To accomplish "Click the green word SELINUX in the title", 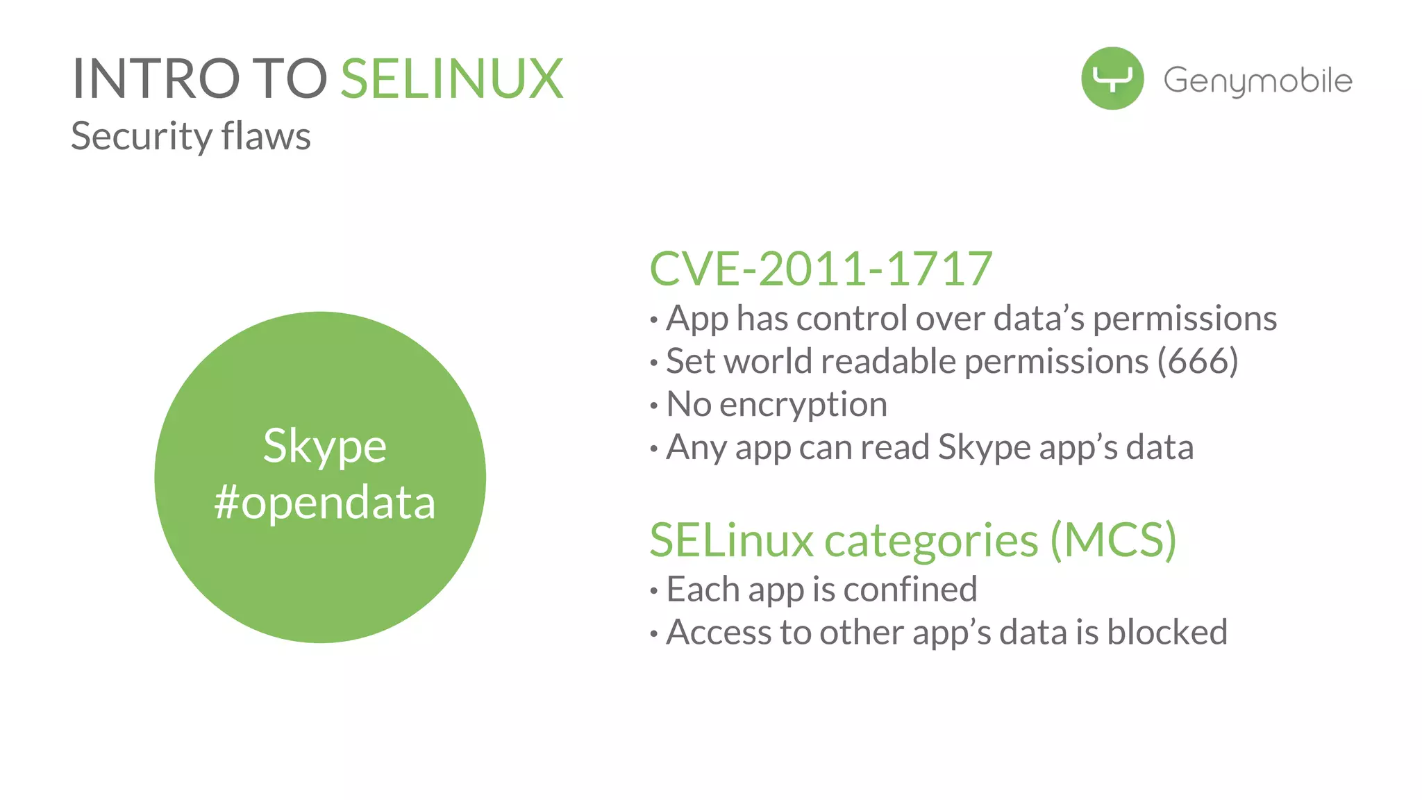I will [x=451, y=79].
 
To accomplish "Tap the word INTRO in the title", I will [x=156, y=79].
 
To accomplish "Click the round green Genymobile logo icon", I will [x=1112, y=78].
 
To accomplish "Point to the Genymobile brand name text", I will [x=1257, y=81].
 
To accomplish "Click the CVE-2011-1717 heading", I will [x=821, y=269].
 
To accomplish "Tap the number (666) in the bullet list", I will [x=1197, y=361].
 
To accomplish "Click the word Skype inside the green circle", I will [x=324, y=446].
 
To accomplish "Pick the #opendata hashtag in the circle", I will [x=324, y=502].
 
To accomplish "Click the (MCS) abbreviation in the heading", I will [x=1113, y=540].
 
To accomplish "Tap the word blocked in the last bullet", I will [x=1167, y=633].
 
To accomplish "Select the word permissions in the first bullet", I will [x=1185, y=319].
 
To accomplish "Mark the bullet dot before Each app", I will [x=653, y=592].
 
